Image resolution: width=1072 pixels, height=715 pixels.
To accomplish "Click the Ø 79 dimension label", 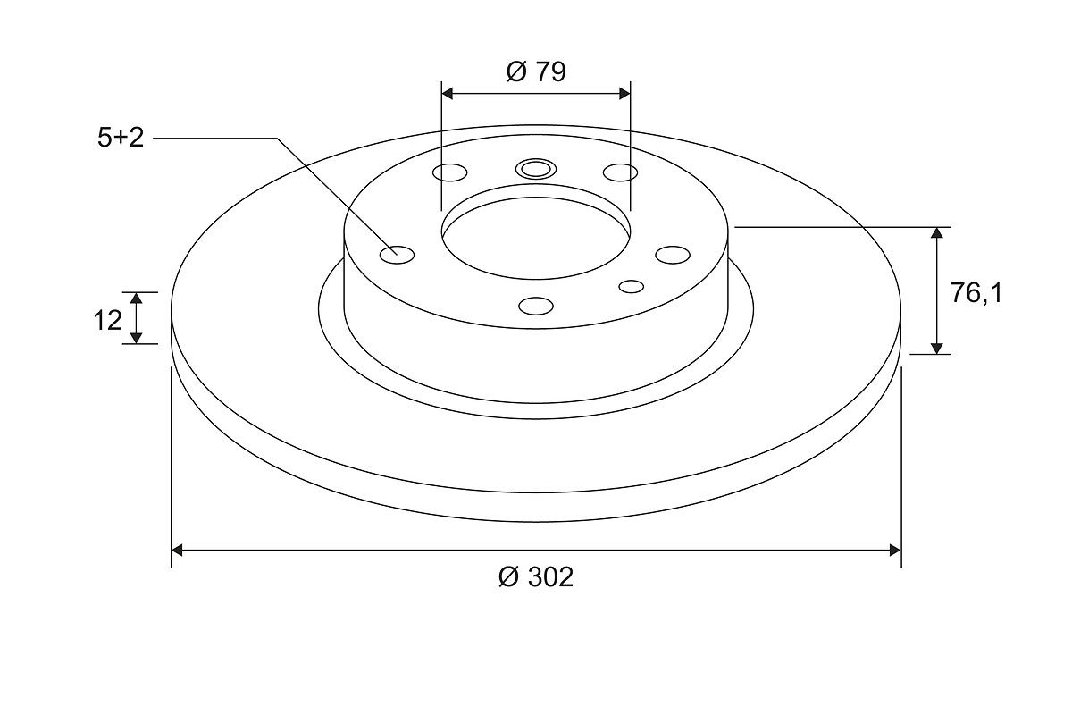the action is coord(536,71).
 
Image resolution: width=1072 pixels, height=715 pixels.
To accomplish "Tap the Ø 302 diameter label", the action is coord(535,577).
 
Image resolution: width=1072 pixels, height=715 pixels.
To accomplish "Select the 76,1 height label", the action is coord(976,293).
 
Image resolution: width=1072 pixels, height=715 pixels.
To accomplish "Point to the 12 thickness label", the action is coord(108,320).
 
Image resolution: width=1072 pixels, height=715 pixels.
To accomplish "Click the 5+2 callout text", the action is coord(121,138).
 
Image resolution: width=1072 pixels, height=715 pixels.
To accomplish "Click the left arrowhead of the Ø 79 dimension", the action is coord(447,93).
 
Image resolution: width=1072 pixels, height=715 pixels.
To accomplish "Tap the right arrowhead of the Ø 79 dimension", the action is coord(624,93).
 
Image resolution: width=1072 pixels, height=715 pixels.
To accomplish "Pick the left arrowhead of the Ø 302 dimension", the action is coord(177,551).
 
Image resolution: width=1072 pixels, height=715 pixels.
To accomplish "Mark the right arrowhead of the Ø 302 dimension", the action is coord(895,551).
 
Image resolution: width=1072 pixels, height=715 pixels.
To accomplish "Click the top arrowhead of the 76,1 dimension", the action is coord(936,233).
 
